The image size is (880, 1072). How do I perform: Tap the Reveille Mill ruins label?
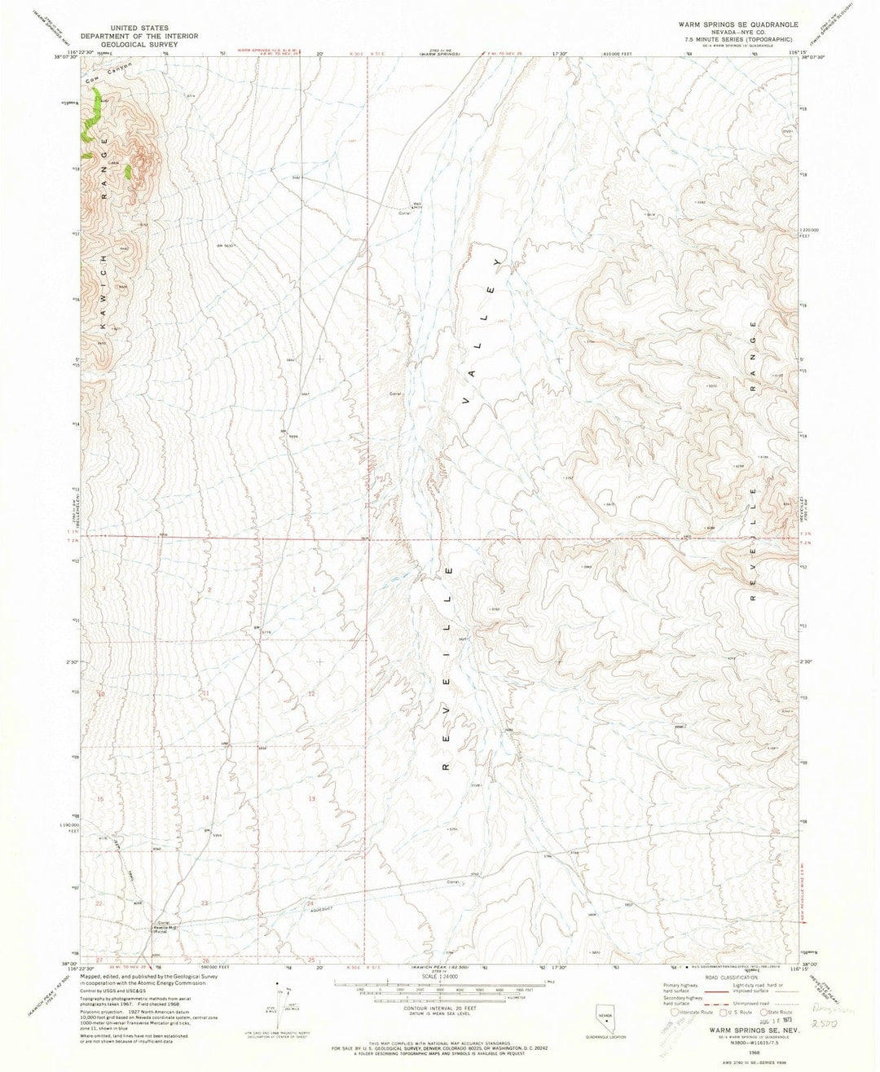(168, 929)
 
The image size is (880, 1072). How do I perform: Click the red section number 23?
(205, 903)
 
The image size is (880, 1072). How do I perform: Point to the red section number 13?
(311, 798)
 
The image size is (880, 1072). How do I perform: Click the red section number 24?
(310, 904)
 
